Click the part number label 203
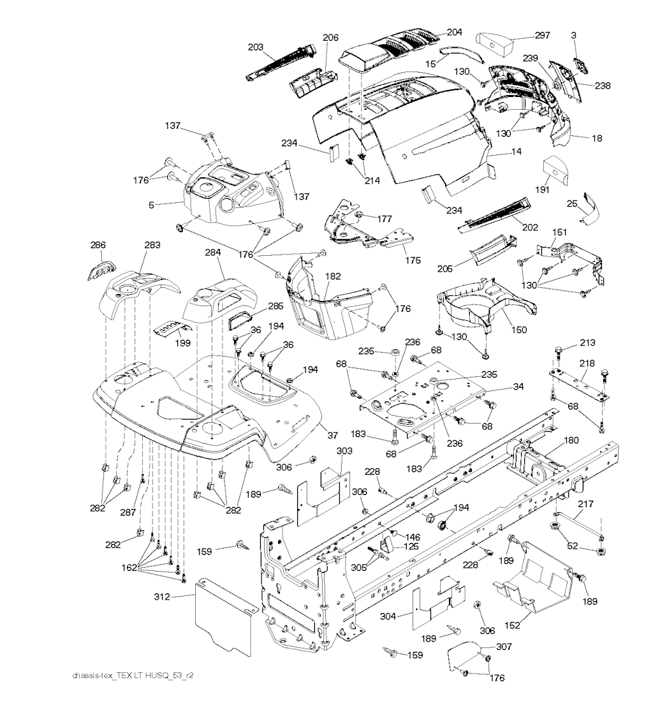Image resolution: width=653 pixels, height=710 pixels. coord(256,47)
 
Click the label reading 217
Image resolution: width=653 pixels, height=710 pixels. coord(585,504)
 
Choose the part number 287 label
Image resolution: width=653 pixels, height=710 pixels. coord(128,512)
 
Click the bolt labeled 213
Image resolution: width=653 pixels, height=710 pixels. coord(559,350)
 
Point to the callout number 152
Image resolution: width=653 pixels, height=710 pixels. coord(512,625)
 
